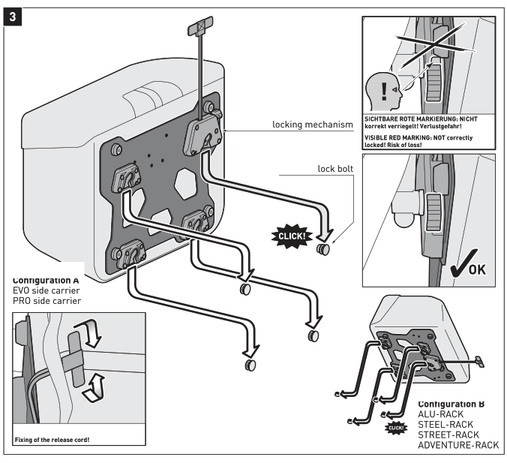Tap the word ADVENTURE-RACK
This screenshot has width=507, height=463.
[x=457, y=445]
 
